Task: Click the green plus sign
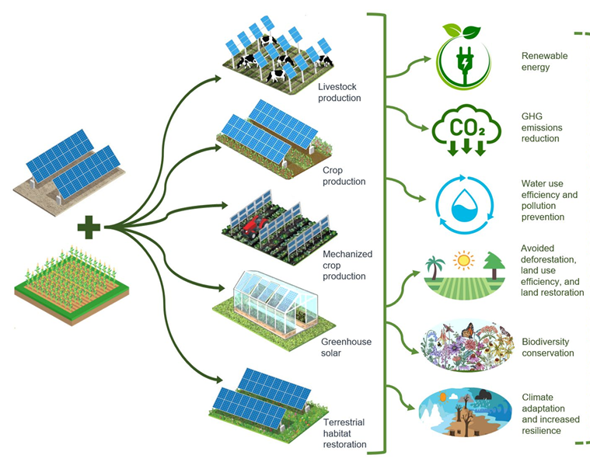point(89,228)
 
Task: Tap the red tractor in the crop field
point(251,224)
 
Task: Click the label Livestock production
point(340,92)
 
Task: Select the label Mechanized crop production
point(347,265)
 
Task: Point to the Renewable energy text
point(545,61)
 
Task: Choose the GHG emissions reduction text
point(542,127)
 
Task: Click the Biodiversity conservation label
point(547,347)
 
